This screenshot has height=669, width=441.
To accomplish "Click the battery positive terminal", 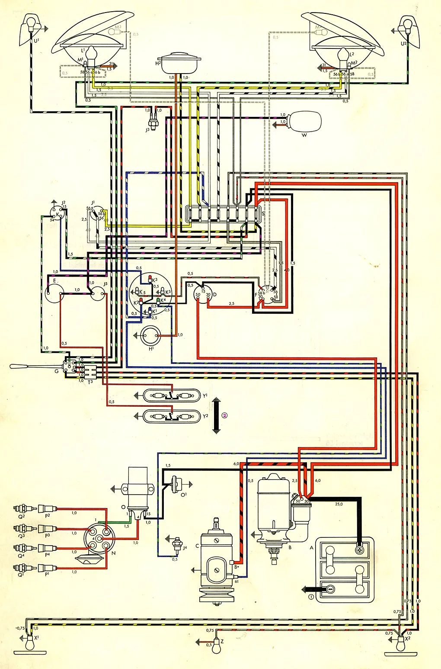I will tap(359, 550).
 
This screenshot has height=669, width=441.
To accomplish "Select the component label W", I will tap(304, 135).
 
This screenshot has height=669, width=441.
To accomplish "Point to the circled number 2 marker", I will tap(224, 415).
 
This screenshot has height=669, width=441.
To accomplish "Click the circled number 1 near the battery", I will tap(310, 598).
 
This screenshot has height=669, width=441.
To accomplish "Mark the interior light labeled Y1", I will tap(172, 396).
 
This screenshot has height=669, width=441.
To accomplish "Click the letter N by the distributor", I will tap(114, 553).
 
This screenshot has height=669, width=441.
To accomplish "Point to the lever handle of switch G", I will tap(26, 367).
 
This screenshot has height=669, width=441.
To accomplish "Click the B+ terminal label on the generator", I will tap(236, 567).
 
